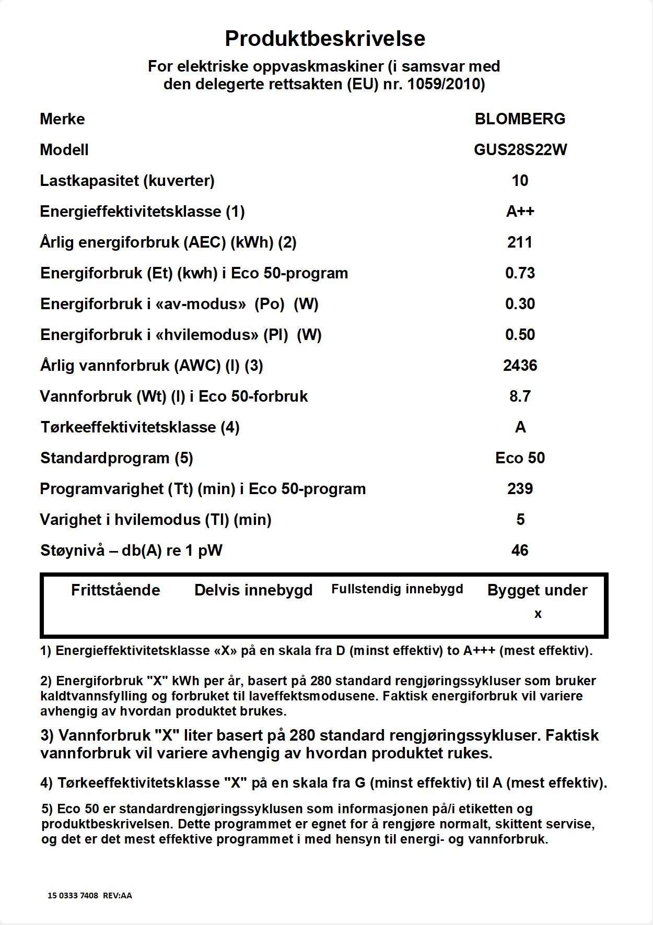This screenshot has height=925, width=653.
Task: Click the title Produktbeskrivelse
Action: point(325,39)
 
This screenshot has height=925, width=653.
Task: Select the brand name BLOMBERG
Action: point(520,119)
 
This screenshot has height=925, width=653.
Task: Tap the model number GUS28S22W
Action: point(520,150)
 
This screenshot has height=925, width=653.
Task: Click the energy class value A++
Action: point(520,212)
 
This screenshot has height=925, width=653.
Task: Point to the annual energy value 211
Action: point(520,242)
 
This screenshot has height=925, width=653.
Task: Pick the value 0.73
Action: point(520,273)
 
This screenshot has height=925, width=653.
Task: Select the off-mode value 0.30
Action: point(520,304)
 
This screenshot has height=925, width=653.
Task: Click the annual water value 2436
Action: point(520,366)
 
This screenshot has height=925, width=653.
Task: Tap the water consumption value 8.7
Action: point(520,396)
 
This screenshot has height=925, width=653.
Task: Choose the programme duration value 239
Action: point(520,489)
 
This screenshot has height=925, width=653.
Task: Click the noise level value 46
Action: point(520,551)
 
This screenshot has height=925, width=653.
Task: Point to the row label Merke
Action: point(62,119)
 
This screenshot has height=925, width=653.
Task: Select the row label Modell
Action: point(64,150)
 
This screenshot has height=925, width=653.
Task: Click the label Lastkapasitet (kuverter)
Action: point(127,181)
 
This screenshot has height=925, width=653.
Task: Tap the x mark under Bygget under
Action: point(538,614)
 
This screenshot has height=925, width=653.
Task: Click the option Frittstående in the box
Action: point(115,590)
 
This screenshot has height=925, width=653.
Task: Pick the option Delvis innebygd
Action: point(253,590)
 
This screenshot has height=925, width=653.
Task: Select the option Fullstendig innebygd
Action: point(397,589)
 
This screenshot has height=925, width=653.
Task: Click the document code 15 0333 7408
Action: point(73,895)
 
